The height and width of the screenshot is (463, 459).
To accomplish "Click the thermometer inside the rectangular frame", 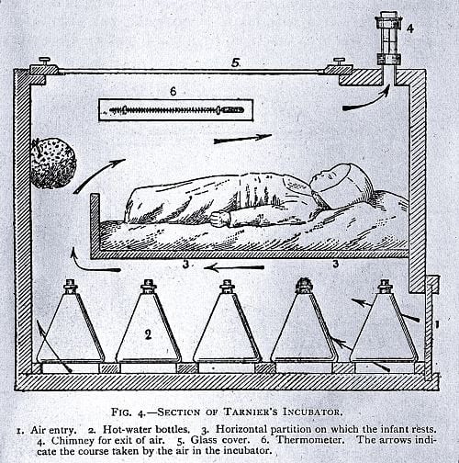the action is coord(176,109).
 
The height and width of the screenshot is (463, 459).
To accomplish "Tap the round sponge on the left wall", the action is coord(52,164).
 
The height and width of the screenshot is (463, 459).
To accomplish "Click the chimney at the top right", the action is coord(388,46).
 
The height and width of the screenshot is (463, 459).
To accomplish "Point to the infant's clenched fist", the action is coord(219,219).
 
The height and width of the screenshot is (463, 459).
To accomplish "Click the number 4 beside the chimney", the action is coord(410,28).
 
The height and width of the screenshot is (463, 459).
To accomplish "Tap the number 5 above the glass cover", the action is coord(235,63).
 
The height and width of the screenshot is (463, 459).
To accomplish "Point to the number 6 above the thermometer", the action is coord(174,91).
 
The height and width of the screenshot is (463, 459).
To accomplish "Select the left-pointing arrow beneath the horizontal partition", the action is coord(234,268).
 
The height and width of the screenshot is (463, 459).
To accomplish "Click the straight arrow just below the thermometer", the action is coord(242,139).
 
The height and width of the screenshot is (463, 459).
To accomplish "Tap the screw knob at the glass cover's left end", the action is coord(45,61).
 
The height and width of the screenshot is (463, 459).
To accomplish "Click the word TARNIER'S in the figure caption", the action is coord(251,412).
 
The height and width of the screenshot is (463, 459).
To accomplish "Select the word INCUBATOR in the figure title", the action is coord(312,412).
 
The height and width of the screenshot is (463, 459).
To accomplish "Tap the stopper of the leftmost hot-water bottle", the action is coord(71,286).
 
